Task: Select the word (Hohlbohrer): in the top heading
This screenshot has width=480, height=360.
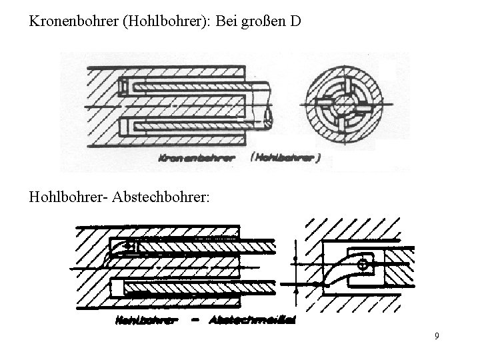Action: pos(161,22)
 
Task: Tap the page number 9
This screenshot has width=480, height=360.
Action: pos(436,336)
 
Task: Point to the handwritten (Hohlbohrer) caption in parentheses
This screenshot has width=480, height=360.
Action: pos(285,158)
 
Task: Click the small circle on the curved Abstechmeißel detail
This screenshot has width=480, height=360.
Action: pos(363,265)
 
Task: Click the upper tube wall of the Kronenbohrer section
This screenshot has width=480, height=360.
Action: pos(193,86)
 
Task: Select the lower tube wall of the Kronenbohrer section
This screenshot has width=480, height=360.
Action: pos(193,125)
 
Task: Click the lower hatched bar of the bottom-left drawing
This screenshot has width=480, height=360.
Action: pos(200,287)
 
